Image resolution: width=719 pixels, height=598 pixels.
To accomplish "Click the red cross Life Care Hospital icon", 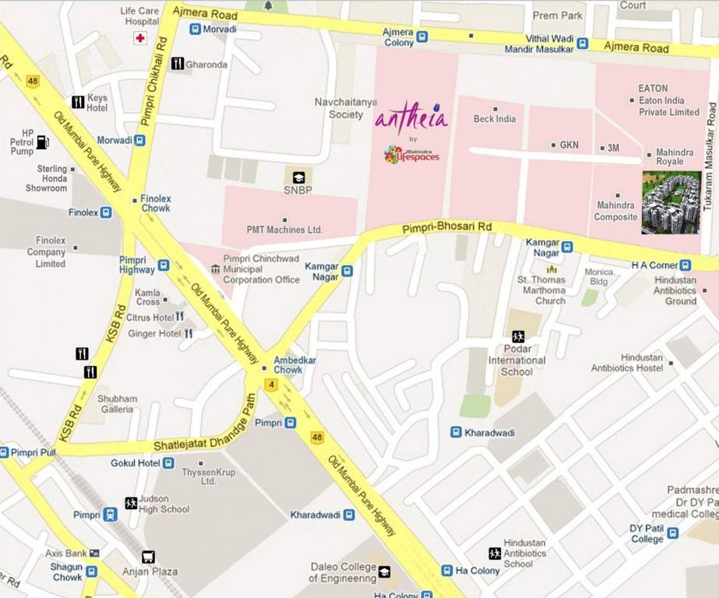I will pyautogui.click(x=140, y=38).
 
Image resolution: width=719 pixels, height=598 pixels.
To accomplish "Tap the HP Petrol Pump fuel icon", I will pyautogui.click(x=42, y=142).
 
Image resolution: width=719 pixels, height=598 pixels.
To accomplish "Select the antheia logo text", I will pyautogui.click(x=411, y=119).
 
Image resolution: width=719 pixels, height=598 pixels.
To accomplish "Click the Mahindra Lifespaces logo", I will pyautogui.click(x=412, y=154).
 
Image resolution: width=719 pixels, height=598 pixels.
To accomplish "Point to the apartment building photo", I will pyautogui.click(x=671, y=202).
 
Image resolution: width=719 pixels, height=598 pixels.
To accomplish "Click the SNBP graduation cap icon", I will pyautogui.click(x=298, y=178).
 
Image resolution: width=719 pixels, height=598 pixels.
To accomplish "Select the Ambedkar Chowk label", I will pyautogui.click(x=287, y=364).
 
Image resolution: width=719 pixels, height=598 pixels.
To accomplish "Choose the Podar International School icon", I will pyautogui.click(x=518, y=337).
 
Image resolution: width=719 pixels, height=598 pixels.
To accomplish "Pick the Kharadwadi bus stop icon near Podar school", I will pyautogui.click(x=456, y=432).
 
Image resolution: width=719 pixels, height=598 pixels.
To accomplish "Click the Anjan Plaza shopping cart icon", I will pyautogui.click(x=148, y=557).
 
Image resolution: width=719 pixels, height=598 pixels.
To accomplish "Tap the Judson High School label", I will pyautogui.click(x=164, y=504).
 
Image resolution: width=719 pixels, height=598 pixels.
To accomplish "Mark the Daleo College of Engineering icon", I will pyautogui.click(x=384, y=572).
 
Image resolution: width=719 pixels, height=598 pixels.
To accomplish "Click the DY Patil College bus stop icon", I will pyautogui.click(x=672, y=533).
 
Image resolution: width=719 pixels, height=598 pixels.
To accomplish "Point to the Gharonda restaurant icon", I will pyautogui.click(x=178, y=64).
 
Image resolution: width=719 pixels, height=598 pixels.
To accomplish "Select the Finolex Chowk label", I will pyautogui.click(x=156, y=203).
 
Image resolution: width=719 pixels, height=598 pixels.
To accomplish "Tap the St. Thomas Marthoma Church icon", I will pyautogui.click(x=552, y=269).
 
